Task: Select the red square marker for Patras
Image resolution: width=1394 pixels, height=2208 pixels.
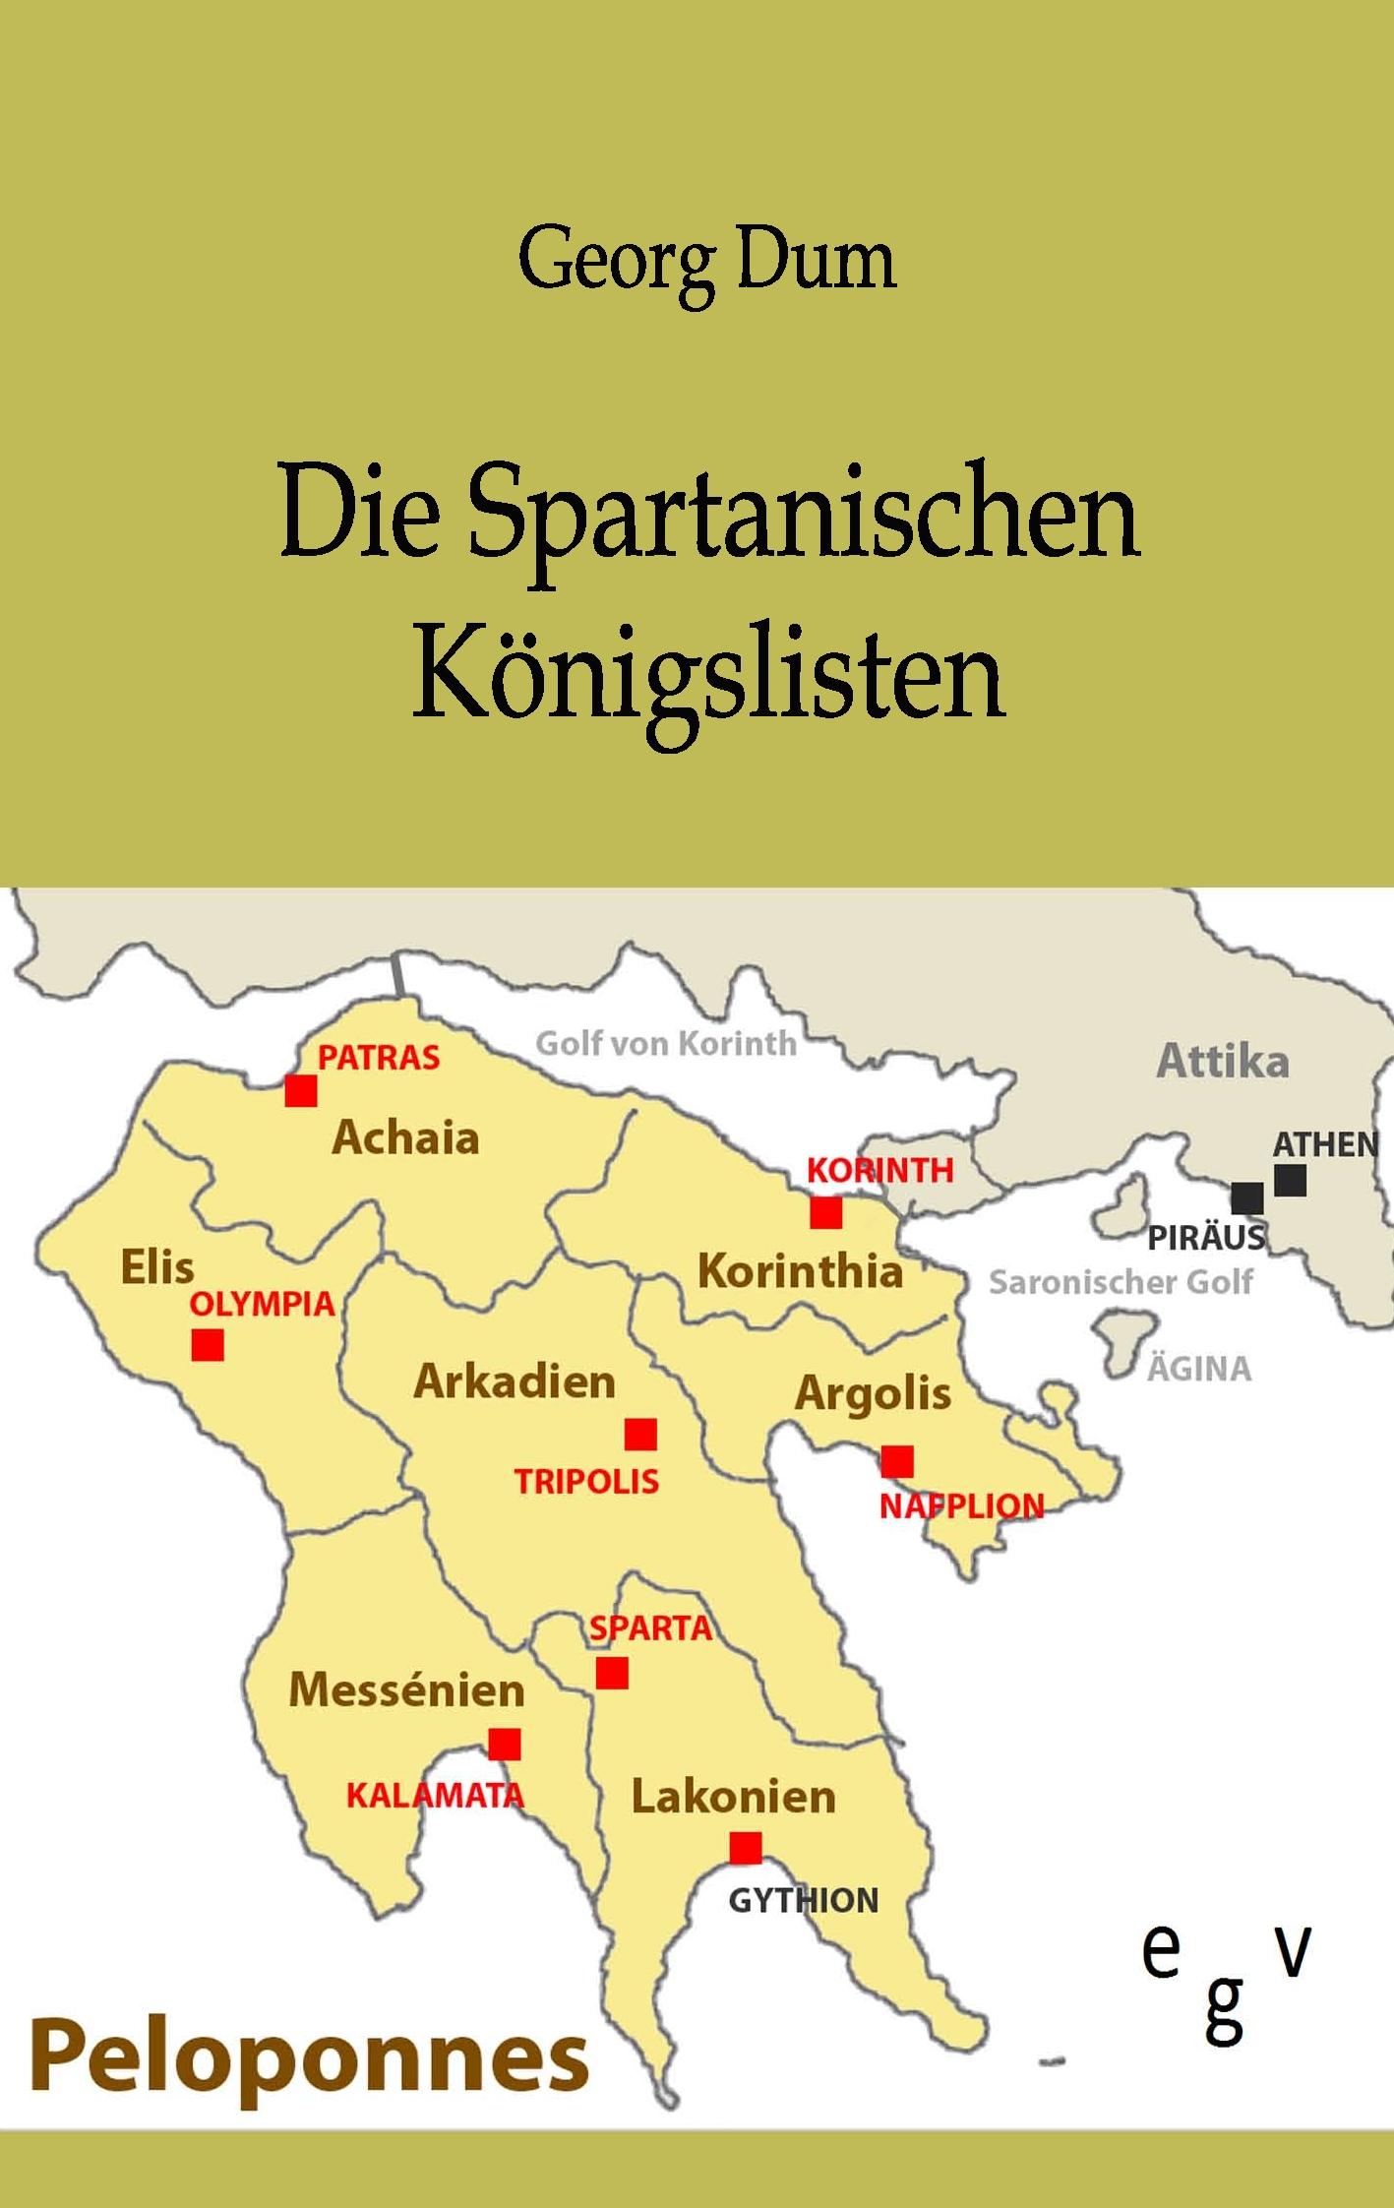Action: point(301,1090)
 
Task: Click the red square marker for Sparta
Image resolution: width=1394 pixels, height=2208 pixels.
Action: point(612,1673)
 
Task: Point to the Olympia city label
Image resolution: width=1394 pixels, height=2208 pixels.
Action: point(262,1305)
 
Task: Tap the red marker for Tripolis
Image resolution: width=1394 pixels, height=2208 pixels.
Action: point(640,1435)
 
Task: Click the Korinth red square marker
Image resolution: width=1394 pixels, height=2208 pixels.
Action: point(826,1213)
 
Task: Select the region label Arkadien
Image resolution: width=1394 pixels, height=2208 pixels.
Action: point(515,1381)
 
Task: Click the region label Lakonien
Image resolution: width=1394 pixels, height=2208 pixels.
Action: point(733,1797)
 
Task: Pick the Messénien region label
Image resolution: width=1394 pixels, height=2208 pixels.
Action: point(406,1690)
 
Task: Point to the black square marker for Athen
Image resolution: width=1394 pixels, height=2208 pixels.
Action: point(1290,1180)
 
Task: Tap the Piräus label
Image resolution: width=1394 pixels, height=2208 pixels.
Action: point(1206,1238)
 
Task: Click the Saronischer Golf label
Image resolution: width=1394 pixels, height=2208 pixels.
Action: point(1121,1283)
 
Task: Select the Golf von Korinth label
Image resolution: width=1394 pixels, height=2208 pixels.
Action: point(666,1043)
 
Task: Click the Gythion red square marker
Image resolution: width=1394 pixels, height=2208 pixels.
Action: point(746,1848)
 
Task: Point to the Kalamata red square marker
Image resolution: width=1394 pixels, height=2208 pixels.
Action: point(505,1745)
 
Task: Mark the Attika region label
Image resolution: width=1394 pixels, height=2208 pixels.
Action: point(1222,1062)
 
